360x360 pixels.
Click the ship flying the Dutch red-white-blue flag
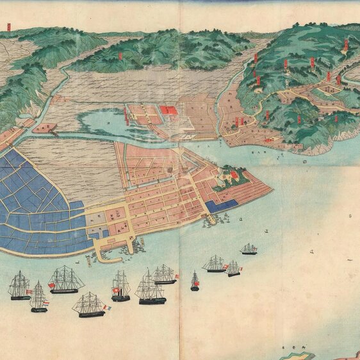tap(38, 298)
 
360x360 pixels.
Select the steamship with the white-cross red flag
tap(120, 287)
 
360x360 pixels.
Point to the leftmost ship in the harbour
tap(19, 286)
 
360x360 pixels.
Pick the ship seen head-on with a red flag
tap(195, 282)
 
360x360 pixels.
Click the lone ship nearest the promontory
tap(249, 249)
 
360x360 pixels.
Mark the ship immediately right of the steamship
tap(149, 288)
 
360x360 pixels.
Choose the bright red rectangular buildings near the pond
tap(168, 110)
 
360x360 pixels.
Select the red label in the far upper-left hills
tap(9, 27)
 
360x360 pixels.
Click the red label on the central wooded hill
tap(120, 55)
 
